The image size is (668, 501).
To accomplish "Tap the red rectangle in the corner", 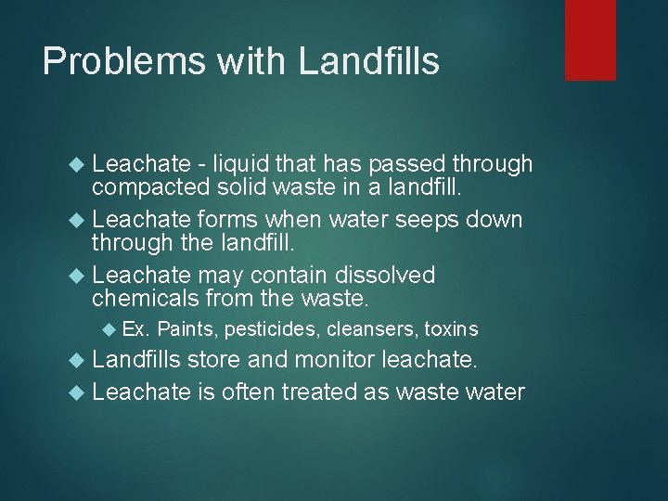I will (x=591, y=40).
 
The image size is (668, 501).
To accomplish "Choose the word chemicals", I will (x=148, y=299).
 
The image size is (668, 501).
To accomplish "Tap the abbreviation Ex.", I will (x=136, y=328).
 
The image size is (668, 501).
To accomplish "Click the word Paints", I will (x=182, y=328).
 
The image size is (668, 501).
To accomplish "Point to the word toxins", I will (x=451, y=328).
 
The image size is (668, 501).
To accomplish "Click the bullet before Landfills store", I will (x=79, y=360).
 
